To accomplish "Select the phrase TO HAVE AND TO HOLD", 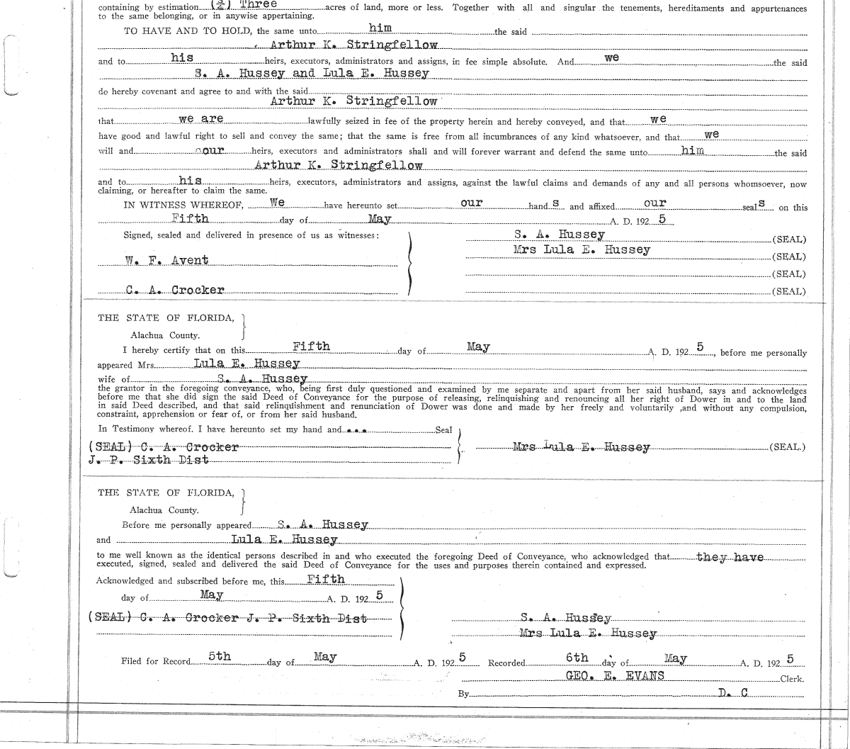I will click(x=188, y=32).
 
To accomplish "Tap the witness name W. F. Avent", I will click(x=167, y=261).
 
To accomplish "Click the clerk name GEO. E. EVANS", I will click(x=615, y=676).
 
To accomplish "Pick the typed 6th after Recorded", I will click(x=577, y=658).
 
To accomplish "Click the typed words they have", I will click(x=730, y=557).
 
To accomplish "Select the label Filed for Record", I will click(x=156, y=662).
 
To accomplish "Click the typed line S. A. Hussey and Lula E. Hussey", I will click(x=315, y=73).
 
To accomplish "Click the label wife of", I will click(x=113, y=380).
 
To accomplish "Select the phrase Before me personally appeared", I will click(x=187, y=526).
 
